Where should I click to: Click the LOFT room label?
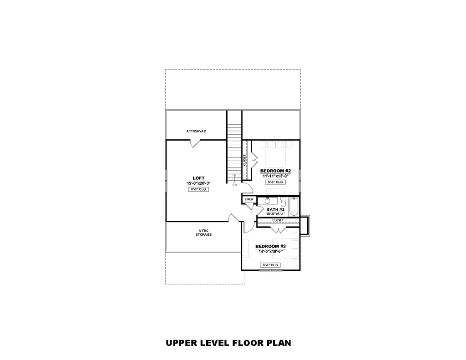coord(198,178)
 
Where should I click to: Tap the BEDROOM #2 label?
coord(275,171)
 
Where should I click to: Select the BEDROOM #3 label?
coord(270,246)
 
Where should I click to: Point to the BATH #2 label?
coord(276,209)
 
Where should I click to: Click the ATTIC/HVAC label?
coord(196,131)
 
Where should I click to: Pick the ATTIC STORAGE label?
coord(203,233)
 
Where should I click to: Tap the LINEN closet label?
coord(249,199)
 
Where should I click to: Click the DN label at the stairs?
coord(234,185)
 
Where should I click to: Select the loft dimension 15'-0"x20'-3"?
coord(198,183)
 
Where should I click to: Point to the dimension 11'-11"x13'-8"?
coord(275,176)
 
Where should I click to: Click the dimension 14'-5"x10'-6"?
coord(270,251)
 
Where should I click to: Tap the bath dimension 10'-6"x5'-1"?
coord(276,214)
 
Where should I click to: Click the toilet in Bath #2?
coord(283,202)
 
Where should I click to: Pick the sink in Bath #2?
coord(267,201)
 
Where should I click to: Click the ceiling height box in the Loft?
coord(198,189)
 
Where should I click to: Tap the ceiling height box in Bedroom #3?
coord(270,265)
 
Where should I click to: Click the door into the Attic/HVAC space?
coord(196,143)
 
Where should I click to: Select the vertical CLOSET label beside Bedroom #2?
coord(244,160)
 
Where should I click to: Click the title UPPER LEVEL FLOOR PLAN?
coord(228,343)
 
